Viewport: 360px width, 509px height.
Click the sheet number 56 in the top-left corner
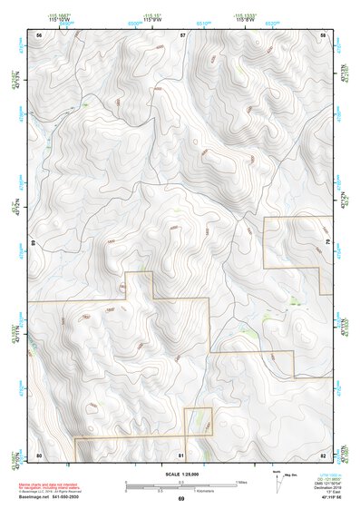coord(39,34)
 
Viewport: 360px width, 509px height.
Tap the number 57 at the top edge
coord(182,34)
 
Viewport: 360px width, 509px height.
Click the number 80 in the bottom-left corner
coord(39,455)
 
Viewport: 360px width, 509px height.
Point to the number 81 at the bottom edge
coord(182,455)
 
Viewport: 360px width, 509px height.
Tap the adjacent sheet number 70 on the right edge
coord(329,244)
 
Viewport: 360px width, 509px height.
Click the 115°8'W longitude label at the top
coord(246,18)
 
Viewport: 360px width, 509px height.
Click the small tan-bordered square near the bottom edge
coord(199,422)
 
